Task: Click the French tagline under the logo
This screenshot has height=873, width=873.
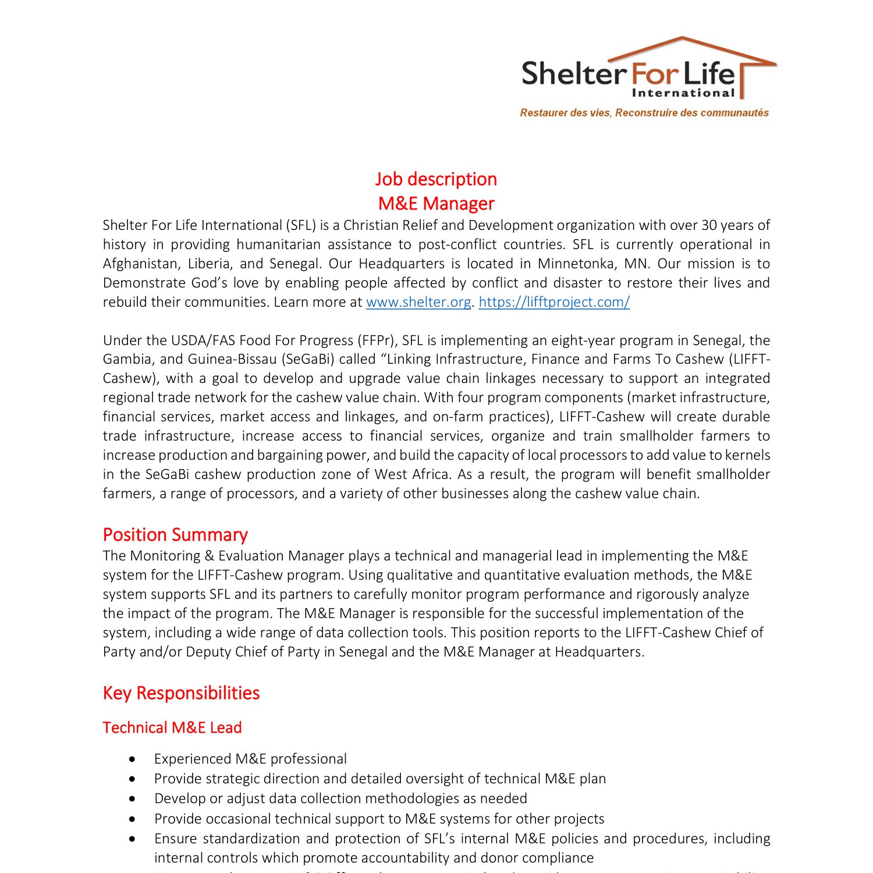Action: click(644, 113)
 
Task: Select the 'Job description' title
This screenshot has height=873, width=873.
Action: click(436, 179)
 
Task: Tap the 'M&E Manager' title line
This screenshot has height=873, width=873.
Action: click(436, 204)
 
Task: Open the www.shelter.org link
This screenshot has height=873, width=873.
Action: click(418, 302)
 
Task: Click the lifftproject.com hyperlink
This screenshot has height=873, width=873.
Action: click(554, 302)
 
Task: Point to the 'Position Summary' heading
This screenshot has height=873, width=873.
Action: click(175, 535)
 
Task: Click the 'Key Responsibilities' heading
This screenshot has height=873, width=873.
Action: click(181, 693)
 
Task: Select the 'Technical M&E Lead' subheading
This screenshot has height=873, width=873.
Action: click(172, 727)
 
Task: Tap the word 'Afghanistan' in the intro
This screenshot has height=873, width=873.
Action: click(140, 264)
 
